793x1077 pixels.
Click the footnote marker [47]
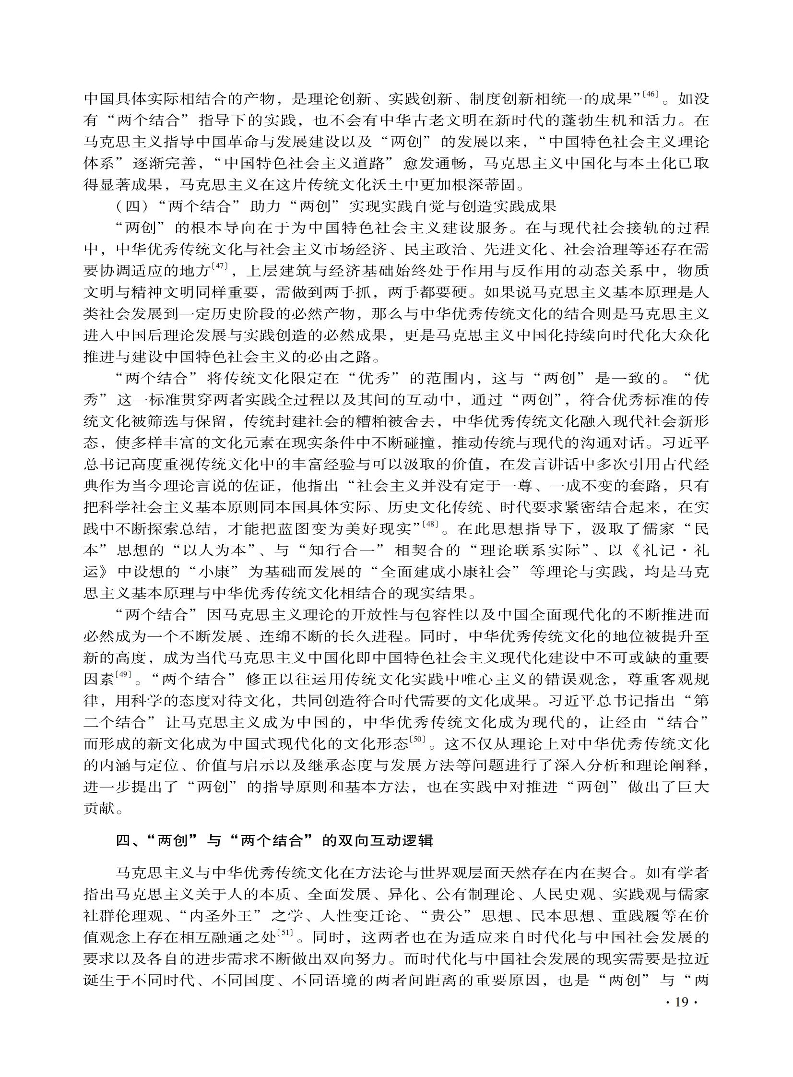coord(219,265)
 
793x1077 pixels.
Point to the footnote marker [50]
coord(417,740)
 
